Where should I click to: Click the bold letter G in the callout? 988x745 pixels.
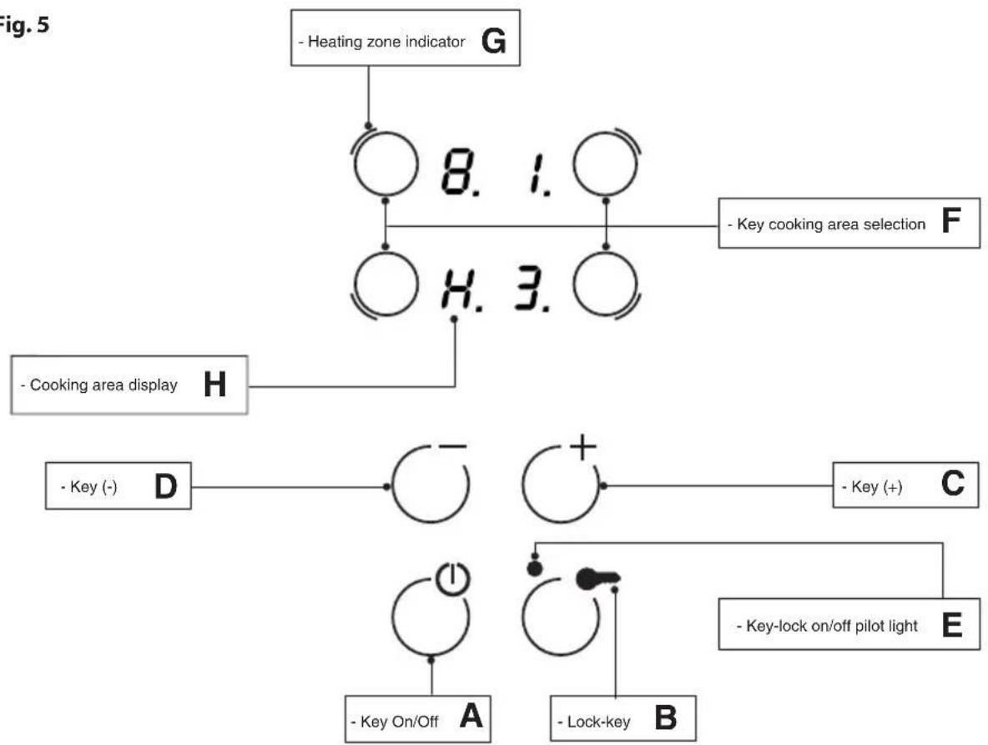[x=493, y=41]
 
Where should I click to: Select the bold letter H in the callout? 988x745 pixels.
[x=214, y=384]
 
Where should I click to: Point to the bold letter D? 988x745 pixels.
[x=166, y=486]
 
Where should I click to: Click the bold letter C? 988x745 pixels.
[x=952, y=484]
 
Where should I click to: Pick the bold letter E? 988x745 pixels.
[x=951, y=626]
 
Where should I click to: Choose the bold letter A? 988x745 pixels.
[x=471, y=716]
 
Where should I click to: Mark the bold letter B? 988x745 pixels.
[x=665, y=718]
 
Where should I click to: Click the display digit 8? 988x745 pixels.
[x=456, y=172]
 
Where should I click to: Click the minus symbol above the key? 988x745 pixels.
[x=454, y=447]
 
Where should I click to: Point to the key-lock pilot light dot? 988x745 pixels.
[x=534, y=569]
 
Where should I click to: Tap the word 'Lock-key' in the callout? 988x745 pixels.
[x=598, y=722]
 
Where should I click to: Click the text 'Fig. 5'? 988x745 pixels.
[x=23, y=24]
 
